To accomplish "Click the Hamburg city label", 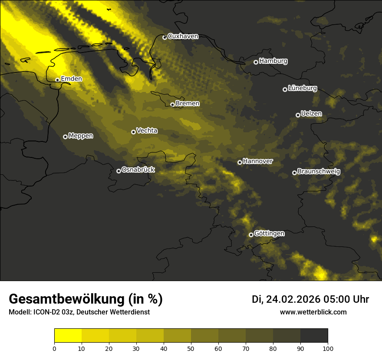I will (273, 61).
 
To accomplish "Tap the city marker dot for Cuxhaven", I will (165, 38).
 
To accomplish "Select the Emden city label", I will (71, 79).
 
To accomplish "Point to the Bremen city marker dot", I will (172, 105).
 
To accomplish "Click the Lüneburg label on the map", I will (302, 88).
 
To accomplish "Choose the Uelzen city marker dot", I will (298, 115).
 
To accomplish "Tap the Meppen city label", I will (81, 136).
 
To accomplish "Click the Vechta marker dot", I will (133, 132).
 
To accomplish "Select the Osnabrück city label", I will (138, 170).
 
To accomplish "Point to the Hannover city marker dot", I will (240, 162).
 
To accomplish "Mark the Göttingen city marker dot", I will (251, 235).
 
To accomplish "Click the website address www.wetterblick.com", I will (313, 312).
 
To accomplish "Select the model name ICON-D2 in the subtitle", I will (45, 312).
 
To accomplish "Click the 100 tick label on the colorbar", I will (328, 348).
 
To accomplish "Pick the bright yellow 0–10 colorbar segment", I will (68, 336).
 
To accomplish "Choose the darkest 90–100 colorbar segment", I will (314, 336).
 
